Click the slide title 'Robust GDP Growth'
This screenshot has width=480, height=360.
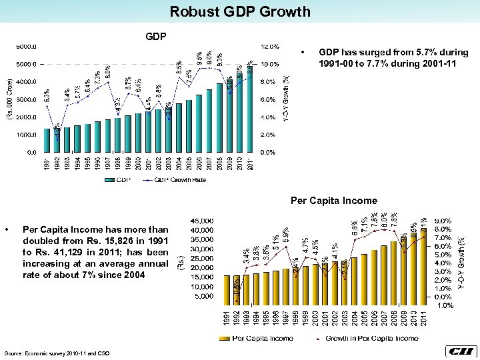coord(240,11)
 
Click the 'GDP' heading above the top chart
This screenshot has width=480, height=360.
coord(156,35)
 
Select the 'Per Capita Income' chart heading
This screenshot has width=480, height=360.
coord(333,200)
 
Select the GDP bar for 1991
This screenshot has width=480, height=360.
coord(47,140)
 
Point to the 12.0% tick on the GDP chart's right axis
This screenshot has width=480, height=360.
coord(269,47)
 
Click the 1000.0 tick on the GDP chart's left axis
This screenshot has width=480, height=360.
coord(27,135)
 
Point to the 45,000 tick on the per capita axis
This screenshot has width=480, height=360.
coord(203,220)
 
